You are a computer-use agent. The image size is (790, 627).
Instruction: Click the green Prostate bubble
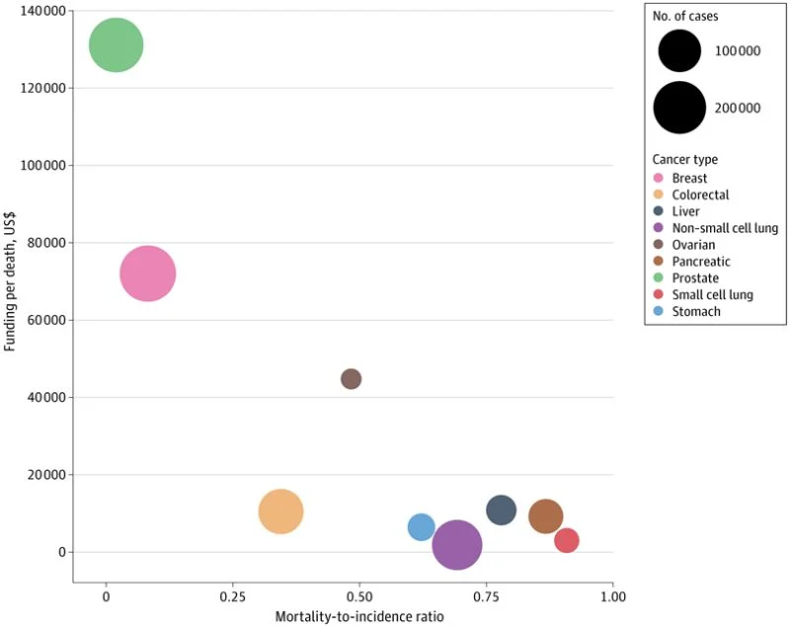[117, 45]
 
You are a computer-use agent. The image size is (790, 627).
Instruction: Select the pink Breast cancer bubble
[148, 274]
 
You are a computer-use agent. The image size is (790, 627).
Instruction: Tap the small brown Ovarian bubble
[351, 379]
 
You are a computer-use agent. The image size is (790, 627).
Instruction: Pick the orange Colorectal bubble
[280, 511]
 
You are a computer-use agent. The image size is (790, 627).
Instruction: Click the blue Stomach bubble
[422, 527]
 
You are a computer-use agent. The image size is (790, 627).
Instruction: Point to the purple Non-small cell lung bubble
[456, 544]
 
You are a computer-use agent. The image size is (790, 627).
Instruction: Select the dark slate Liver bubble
[501, 510]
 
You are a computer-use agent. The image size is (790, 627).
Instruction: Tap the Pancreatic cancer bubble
[545, 515]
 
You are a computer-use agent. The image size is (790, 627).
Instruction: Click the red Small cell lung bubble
[566, 540]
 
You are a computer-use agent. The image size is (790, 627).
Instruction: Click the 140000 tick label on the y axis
[43, 11]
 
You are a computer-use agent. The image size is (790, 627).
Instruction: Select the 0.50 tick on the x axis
[359, 598]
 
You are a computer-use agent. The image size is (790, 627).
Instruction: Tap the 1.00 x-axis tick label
[612, 598]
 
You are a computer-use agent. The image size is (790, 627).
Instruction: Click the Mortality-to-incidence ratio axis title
[359, 617]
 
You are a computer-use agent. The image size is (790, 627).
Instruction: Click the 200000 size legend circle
[679, 108]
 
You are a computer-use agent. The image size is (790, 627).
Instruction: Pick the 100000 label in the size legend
[738, 50]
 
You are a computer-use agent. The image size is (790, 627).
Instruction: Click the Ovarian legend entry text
[693, 245]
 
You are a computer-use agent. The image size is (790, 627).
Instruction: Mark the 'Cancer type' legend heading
[684, 159]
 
